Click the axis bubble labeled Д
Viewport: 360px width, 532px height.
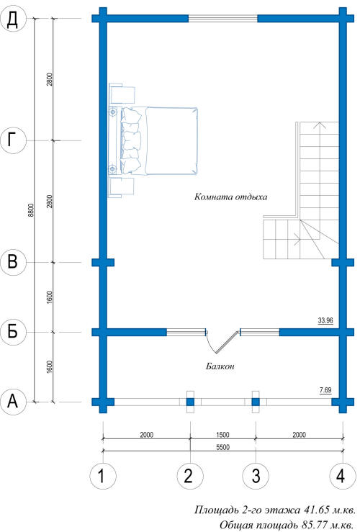coord(13,19)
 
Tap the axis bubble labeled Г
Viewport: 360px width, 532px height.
coord(13,140)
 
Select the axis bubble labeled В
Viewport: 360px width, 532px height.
coord(13,262)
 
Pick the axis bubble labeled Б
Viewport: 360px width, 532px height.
coord(13,332)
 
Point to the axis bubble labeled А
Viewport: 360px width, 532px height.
coord(13,402)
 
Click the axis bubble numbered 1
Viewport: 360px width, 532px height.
coord(103,476)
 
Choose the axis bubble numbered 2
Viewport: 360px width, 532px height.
coord(190,476)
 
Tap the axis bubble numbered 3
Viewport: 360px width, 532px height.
coord(256,476)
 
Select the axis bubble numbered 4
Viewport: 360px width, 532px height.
coord(343,476)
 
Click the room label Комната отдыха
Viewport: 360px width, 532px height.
coord(230,197)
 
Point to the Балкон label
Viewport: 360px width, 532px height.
coord(220,366)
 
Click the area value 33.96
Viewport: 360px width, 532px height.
coord(325,320)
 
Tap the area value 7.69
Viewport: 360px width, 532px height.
coord(325,390)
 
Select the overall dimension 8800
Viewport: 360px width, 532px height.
coord(31,210)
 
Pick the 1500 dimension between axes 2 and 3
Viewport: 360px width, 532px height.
coord(222,435)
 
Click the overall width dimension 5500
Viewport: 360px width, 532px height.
coord(222,447)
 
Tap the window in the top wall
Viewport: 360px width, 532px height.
coord(223,18)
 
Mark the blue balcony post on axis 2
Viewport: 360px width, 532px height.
coord(190,402)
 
